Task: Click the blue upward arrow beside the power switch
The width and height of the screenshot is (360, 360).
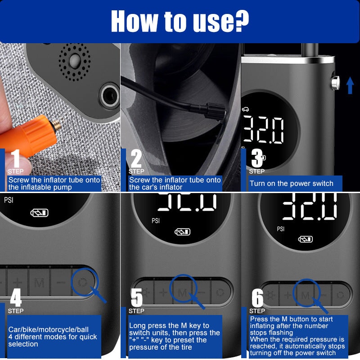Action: pos(350,85)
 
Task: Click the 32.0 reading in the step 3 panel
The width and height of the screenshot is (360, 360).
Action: pos(264,130)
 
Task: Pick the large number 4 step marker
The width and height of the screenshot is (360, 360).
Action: pos(16,297)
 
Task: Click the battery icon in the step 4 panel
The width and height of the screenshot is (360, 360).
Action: pos(39,213)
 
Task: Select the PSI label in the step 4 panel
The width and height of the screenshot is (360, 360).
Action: pos(9,200)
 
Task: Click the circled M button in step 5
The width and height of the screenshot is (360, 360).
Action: pos(182,292)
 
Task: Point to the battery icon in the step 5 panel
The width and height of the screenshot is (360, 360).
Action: pos(182,232)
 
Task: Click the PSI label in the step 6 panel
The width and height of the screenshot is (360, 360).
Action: pos(280,229)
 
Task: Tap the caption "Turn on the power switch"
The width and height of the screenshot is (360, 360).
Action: pos(292,183)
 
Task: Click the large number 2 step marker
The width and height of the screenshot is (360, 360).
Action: pos(136,158)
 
